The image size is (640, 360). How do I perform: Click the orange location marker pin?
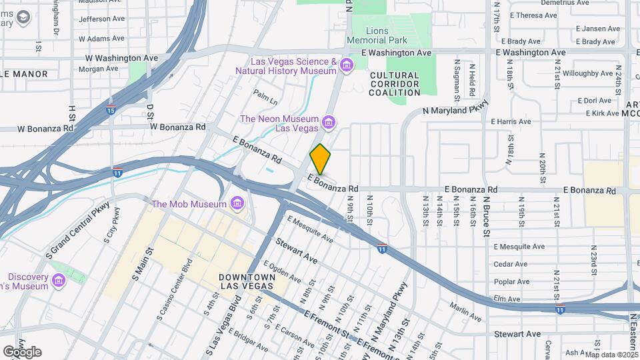pos(320,159)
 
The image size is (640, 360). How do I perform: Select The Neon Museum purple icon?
pos(327,122)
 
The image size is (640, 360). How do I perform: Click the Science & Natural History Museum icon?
pos(346,65)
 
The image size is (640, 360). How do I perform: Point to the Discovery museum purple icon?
pos(59,281)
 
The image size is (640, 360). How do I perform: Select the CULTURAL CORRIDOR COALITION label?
pos(394,84)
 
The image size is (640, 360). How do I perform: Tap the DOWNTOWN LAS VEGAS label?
pos(247,281)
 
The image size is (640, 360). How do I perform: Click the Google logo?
pos(22,351)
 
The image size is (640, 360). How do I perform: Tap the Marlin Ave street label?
pos(465,308)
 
